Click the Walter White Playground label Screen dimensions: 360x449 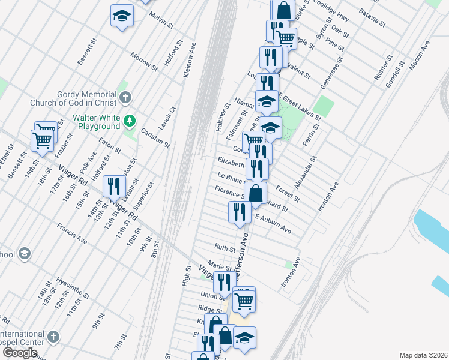96,122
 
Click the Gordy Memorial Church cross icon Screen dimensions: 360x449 125,97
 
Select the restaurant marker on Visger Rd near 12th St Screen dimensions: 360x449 113,187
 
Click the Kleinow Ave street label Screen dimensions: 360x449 190,59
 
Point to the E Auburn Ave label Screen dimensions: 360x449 273,223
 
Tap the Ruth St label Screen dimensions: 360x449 224,247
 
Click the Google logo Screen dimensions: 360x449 20,353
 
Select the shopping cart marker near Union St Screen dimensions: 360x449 244,300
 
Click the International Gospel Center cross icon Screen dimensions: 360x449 53,336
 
